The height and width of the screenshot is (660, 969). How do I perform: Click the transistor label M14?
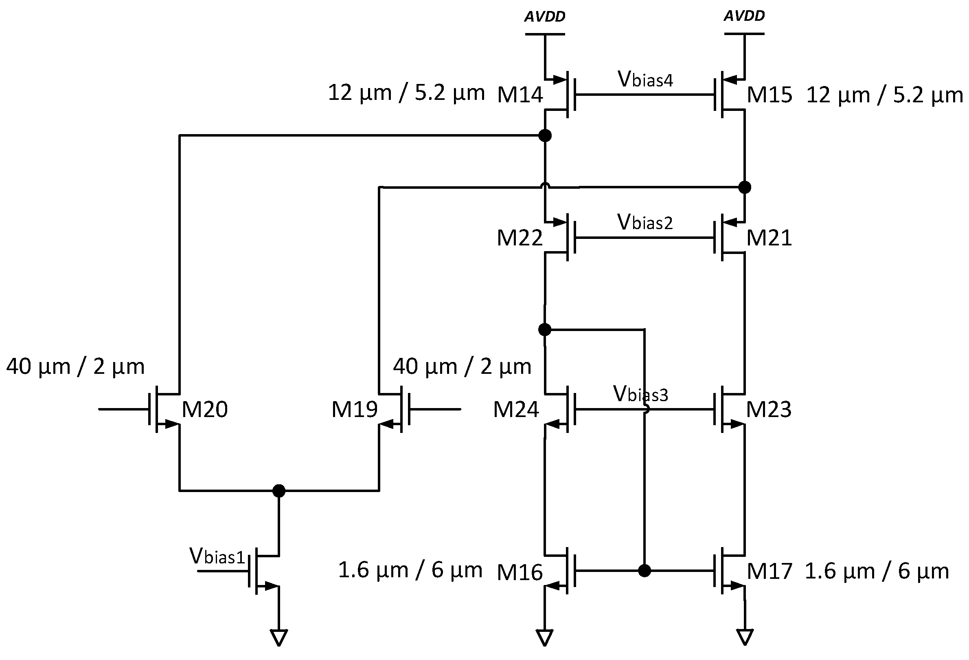(x=520, y=95)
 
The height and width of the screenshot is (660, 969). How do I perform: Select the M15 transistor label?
(x=769, y=95)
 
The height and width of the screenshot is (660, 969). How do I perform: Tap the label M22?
(x=520, y=238)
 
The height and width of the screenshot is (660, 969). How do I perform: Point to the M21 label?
(x=769, y=238)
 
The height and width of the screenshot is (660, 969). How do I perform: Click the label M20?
(x=205, y=410)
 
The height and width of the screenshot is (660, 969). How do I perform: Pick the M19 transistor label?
(x=354, y=410)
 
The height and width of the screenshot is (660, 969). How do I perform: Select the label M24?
(x=516, y=410)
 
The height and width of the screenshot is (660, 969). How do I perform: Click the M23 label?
(x=768, y=410)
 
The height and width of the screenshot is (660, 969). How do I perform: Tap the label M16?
(x=520, y=572)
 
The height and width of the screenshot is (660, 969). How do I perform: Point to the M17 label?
(x=769, y=572)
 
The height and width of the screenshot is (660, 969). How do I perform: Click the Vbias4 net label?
(x=645, y=79)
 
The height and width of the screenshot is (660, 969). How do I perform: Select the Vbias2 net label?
(x=645, y=222)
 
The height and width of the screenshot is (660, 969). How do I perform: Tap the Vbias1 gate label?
(x=217, y=556)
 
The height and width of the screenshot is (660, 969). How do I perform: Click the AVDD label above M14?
(x=544, y=17)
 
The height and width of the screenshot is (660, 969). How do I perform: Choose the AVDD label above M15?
(x=744, y=16)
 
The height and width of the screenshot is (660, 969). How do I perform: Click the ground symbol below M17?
(x=745, y=637)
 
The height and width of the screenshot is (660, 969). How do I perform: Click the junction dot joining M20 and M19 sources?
(x=278, y=490)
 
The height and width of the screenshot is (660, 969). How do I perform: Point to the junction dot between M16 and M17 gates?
(x=644, y=570)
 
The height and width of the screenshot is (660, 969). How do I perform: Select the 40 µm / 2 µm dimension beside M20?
(x=75, y=367)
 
